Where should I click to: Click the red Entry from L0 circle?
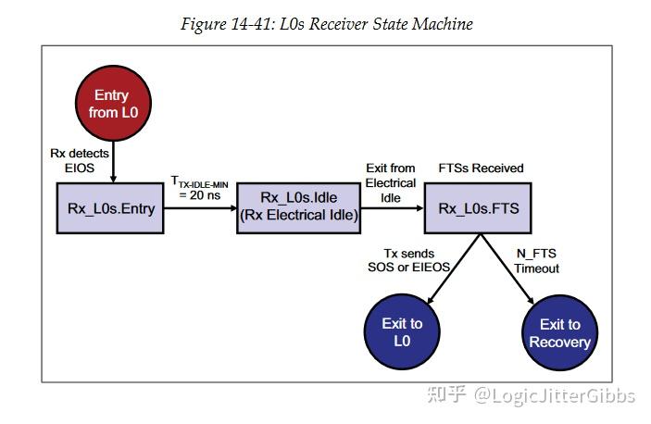pos(111,103)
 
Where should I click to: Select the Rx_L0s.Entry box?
pos(111,207)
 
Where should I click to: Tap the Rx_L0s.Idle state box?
pos(298,207)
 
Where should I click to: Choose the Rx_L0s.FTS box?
pos(479,207)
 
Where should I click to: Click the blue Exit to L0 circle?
pos(402,332)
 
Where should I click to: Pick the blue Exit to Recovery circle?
pos(559,332)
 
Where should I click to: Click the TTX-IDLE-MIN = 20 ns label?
pos(201,189)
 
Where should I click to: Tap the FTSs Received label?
pos(481,168)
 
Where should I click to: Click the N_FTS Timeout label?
pos(537,261)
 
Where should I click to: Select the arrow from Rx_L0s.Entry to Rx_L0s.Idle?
pos(201,208)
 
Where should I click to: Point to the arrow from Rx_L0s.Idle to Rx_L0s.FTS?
pos(391,208)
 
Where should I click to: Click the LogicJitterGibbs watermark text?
pos(555,396)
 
